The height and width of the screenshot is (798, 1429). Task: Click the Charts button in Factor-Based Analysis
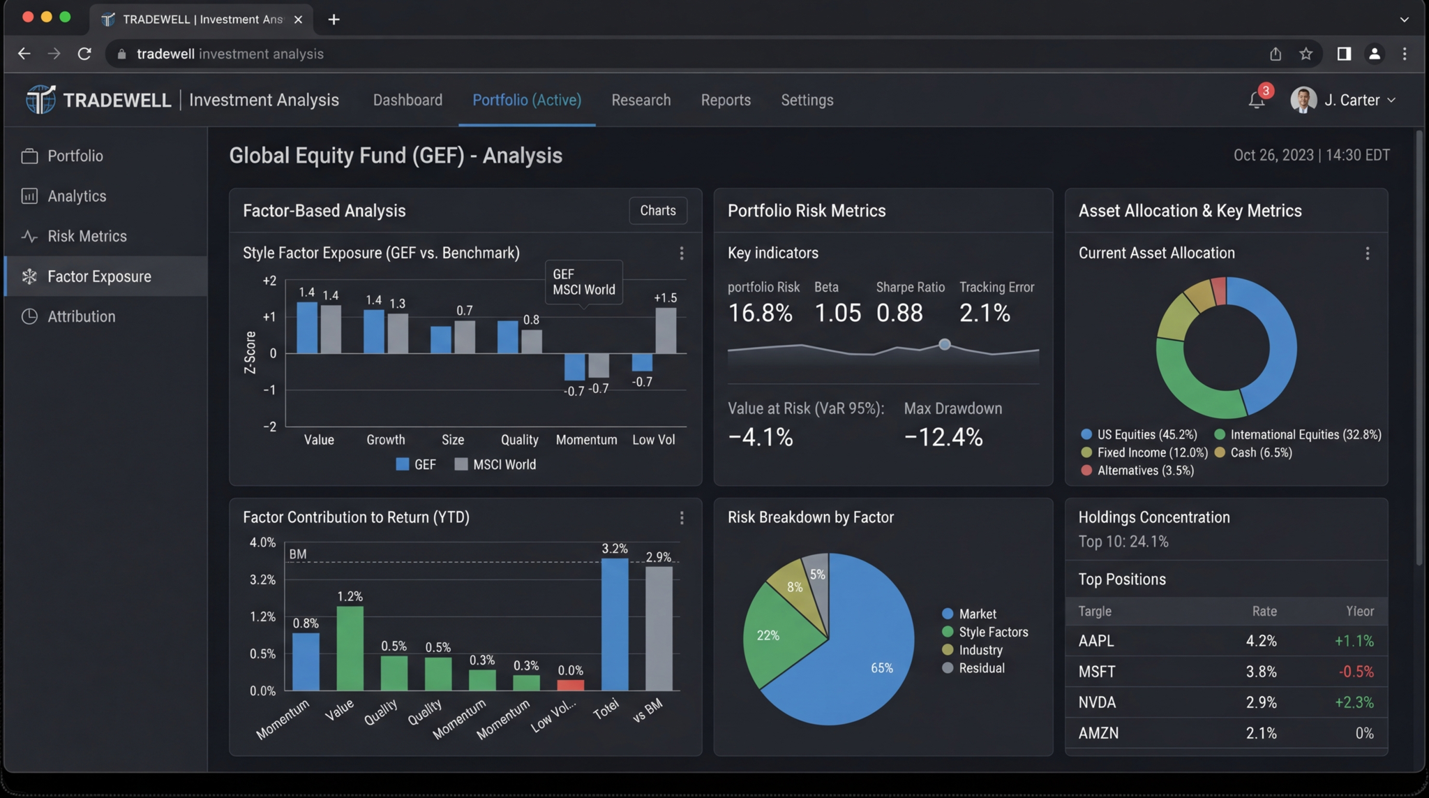(x=657, y=210)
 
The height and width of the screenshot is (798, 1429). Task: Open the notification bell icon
(x=1256, y=100)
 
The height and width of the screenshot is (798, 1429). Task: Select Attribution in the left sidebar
(x=81, y=316)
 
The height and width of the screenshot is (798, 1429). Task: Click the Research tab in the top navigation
(x=641, y=100)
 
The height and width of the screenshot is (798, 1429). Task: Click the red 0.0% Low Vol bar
(x=570, y=685)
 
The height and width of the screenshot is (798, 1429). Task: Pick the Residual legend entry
(x=981, y=668)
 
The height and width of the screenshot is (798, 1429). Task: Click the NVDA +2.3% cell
(x=1354, y=702)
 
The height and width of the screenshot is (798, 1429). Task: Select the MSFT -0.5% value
(x=1356, y=672)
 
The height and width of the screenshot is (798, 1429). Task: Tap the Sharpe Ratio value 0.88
(x=899, y=313)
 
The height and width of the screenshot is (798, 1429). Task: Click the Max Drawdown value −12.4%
(x=943, y=437)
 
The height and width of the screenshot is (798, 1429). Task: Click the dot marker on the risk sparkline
(x=944, y=344)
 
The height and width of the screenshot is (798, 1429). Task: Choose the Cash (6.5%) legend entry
(x=1260, y=452)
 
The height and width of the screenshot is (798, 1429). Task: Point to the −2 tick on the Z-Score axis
(x=269, y=427)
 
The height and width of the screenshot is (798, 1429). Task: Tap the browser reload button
(x=84, y=54)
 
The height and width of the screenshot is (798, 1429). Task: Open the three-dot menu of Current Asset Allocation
(x=1367, y=253)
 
